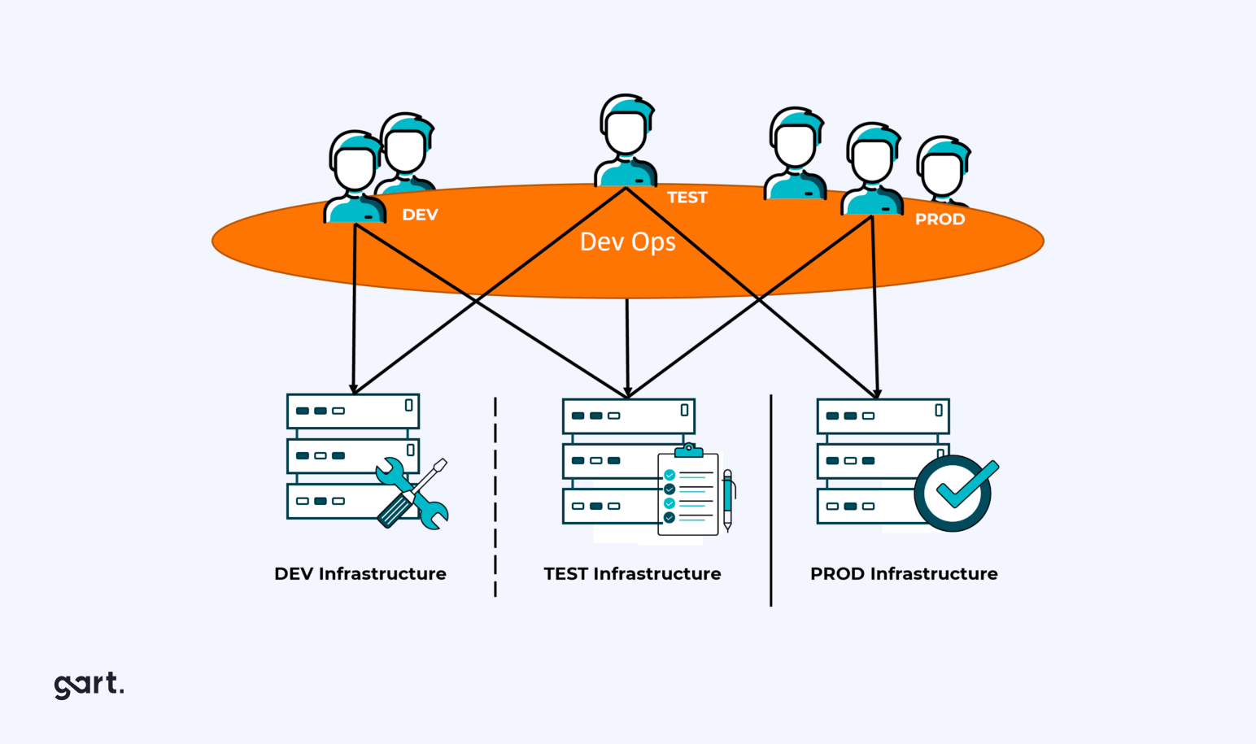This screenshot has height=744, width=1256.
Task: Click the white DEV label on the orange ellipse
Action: (x=420, y=215)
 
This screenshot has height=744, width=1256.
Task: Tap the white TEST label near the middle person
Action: (x=687, y=198)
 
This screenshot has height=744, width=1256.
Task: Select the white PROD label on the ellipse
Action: (x=940, y=220)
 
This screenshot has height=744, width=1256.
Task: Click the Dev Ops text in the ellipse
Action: (x=627, y=242)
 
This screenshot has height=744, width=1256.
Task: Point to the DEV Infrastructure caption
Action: (x=360, y=574)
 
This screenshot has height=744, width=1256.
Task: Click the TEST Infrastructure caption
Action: (x=632, y=574)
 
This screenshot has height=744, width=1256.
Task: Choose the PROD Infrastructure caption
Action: (x=903, y=574)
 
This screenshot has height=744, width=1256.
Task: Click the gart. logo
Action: (x=89, y=685)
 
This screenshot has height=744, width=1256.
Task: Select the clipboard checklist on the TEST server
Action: (x=688, y=493)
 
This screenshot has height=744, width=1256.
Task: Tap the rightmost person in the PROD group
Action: (x=943, y=171)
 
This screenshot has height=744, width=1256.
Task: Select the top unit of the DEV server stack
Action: (x=352, y=411)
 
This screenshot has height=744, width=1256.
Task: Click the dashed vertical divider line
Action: (x=495, y=497)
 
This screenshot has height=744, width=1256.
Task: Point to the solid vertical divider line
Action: (x=770, y=500)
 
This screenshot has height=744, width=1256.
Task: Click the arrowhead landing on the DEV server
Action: (x=353, y=389)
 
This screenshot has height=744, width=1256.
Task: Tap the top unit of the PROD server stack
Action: (x=883, y=416)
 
